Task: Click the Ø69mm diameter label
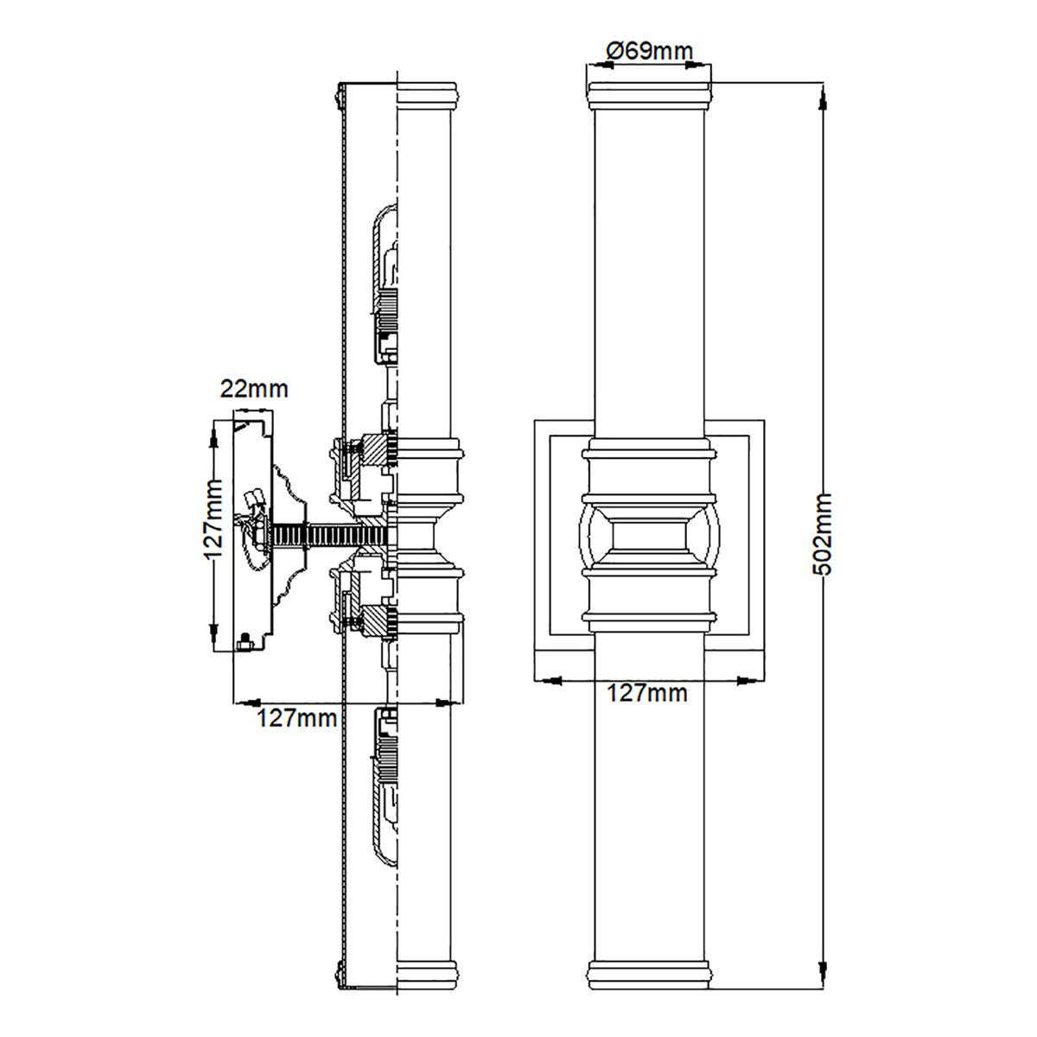649,51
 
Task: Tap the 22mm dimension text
253,388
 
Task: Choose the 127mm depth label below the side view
296,717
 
